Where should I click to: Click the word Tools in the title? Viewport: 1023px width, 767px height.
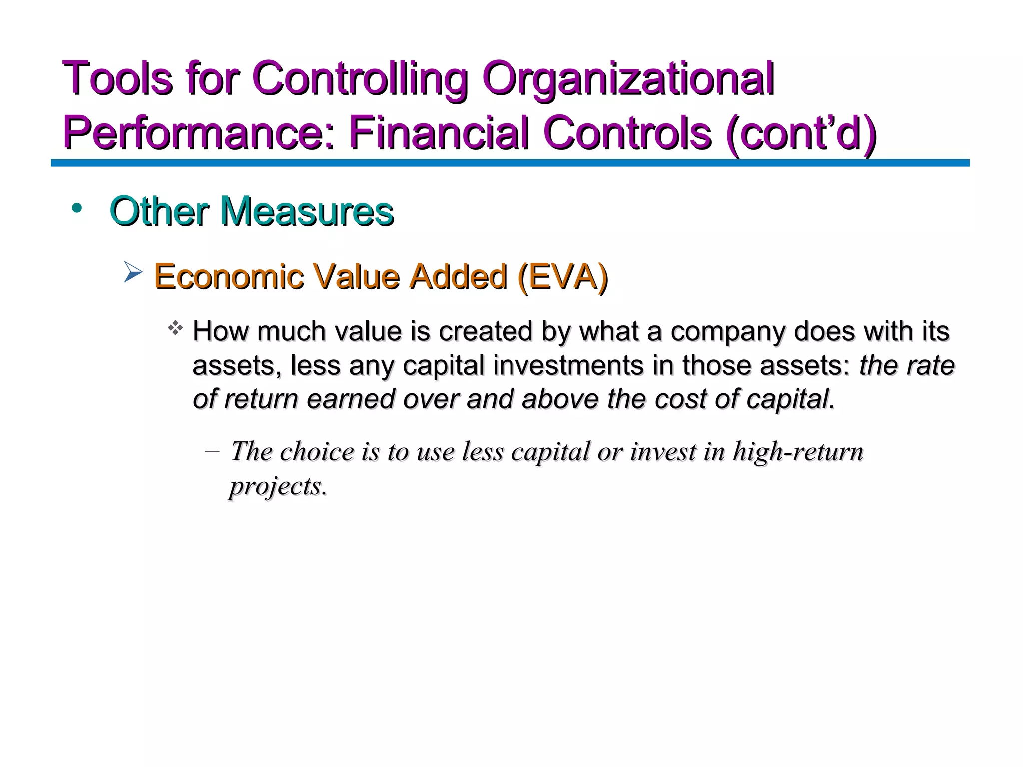coord(117,78)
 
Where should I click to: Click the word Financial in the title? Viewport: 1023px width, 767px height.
coord(439,132)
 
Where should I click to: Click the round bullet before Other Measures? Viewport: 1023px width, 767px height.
coord(77,208)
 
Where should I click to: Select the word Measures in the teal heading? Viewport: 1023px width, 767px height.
coord(307,211)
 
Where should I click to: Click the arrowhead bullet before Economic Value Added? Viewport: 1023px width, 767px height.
coord(133,273)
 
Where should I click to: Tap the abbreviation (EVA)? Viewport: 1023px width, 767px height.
coord(563,276)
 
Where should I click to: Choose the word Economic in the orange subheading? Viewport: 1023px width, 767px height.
coord(229,276)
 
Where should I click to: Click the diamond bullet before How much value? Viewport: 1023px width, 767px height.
coord(175,329)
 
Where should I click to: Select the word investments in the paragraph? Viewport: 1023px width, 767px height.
coord(568,365)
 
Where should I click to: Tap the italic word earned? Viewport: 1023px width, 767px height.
coord(350,399)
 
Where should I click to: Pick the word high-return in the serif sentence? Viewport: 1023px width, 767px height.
coord(798,452)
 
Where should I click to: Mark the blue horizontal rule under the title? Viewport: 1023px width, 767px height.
coord(510,163)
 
